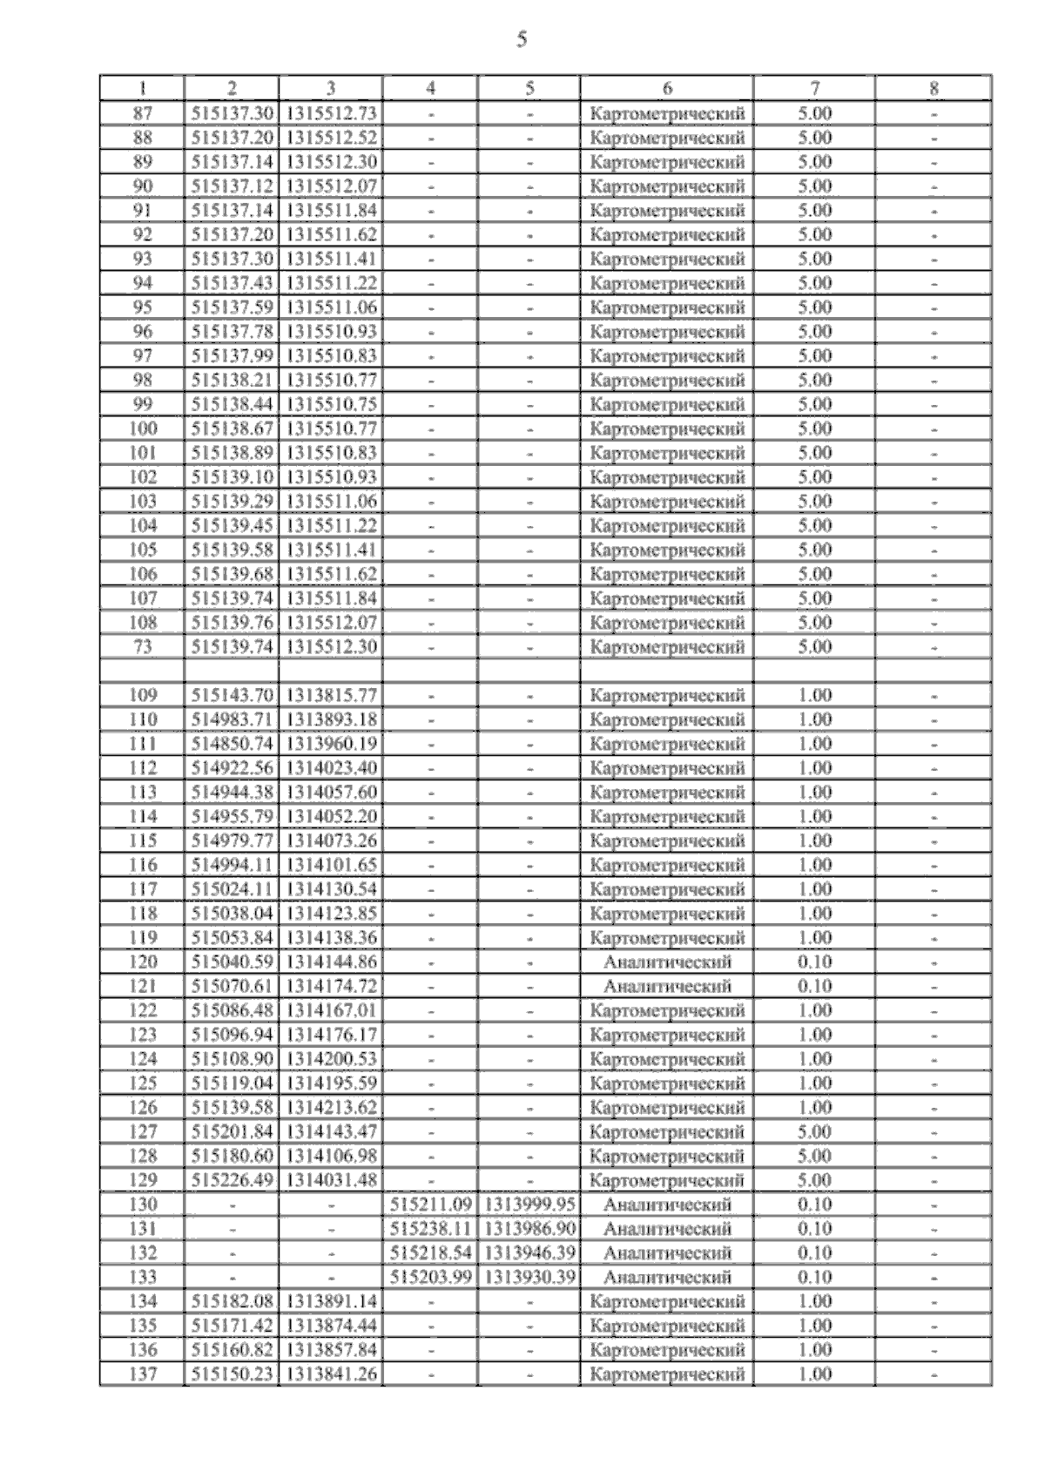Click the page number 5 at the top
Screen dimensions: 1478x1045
(522, 39)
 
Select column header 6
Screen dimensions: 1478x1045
(667, 88)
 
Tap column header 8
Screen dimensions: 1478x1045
(934, 88)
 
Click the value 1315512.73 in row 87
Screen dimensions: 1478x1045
(331, 113)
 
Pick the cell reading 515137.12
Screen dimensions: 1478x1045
(232, 186)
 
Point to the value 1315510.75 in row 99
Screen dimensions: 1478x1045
(331, 405)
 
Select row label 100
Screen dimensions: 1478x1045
(143, 429)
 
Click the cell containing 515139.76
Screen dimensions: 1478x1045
(232, 624)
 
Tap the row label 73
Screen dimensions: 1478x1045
(143, 647)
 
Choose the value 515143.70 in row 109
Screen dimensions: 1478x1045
(232, 696)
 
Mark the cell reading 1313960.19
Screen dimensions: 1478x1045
(331, 745)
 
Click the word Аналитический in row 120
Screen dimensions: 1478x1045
(667, 962)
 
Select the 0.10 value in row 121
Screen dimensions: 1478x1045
(814, 987)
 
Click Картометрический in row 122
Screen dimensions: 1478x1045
(667, 1011)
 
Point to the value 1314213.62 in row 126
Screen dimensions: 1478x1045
(331, 1108)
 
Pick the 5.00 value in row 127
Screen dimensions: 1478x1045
(814, 1132)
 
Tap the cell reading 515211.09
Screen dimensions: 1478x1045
(430, 1205)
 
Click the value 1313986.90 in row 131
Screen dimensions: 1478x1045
(529, 1229)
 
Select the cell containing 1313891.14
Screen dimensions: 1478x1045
(331, 1302)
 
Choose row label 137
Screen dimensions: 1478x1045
(143, 1375)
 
